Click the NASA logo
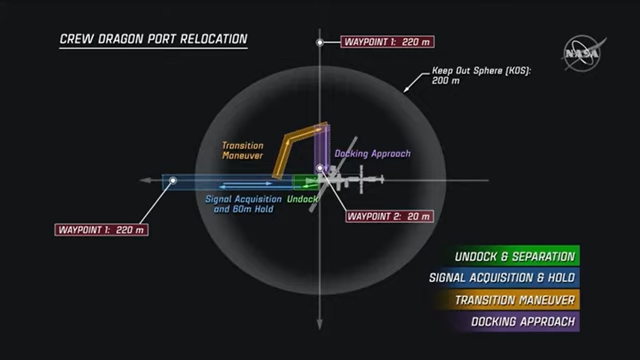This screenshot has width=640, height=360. coord(583,53)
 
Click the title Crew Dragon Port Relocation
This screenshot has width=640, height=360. coord(153,39)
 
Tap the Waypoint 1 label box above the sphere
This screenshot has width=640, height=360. coord(387,42)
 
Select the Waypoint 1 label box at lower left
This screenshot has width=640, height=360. coord(101,230)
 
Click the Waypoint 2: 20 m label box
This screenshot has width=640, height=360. coord(389,217)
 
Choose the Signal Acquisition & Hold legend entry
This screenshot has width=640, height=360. coord(502,277)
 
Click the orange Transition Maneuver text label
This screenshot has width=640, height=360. coord(243,150)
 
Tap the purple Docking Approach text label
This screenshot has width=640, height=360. coord(372,154)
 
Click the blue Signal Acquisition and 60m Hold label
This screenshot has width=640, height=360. coord(244,204)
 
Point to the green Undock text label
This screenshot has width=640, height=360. coord(302,199)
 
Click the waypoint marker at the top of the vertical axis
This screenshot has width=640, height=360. coord(320,43)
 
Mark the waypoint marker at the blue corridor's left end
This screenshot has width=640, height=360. coord(173,180)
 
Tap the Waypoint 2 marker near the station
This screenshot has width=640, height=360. coord(320,168)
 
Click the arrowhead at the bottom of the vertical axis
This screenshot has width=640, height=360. coord(320,325)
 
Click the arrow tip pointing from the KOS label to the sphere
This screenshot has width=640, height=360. coord(404,92)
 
